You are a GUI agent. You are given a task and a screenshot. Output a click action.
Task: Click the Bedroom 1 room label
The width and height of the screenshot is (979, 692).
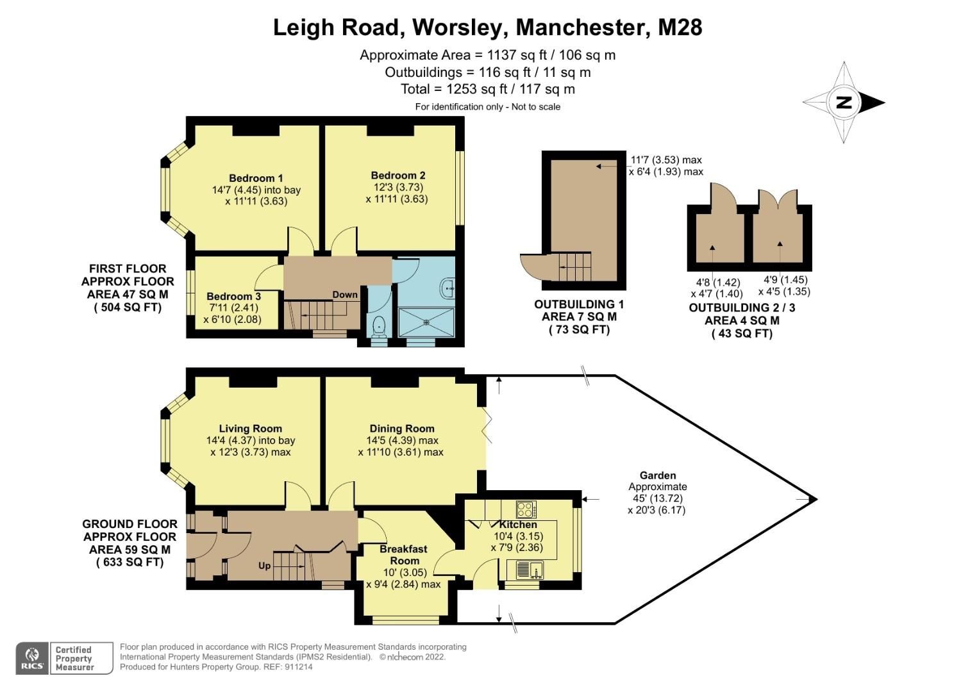[x=256, y=178]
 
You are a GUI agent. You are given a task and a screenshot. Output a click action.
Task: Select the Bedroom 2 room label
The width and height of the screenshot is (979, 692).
[x=397, y=176]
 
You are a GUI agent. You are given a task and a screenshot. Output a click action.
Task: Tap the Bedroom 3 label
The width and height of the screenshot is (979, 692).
[x=233, y=297]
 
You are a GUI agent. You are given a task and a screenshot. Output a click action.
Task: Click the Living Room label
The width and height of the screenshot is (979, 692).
[x=250, y=429]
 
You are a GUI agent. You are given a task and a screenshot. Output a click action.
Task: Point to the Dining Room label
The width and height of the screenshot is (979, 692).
[x=401, y=429]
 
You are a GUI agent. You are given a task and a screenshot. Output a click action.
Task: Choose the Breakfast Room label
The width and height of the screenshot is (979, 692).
[x=403, y=555]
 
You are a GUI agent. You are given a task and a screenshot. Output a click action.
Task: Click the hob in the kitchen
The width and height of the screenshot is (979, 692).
[x=526, y=510]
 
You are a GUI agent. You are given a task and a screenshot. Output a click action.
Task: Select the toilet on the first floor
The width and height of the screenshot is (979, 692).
[x=378, y=325]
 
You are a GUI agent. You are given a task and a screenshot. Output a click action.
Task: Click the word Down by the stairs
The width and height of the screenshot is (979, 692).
[x=344, y=295]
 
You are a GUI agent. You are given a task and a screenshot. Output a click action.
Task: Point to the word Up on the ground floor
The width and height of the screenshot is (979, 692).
[x=264, y=566]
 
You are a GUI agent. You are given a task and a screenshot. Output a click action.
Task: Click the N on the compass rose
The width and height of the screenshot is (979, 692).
[x=844, y=103]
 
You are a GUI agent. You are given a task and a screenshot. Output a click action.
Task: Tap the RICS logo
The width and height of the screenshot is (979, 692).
[x=32, y=658]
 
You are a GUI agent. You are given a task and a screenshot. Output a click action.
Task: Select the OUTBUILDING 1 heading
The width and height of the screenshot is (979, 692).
[x=578, y=305]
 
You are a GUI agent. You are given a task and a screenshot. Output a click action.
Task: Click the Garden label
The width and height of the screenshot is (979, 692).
[x=657, y=475]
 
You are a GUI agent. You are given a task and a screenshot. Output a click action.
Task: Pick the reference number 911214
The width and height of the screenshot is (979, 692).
[x=297, y=667]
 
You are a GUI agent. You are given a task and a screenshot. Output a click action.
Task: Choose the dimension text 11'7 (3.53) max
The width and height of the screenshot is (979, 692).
[x=666, y=160]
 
